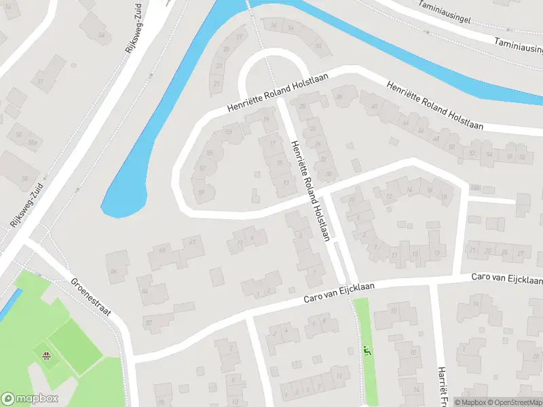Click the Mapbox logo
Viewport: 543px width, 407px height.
click(30, 399)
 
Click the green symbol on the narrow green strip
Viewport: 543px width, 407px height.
click(367, 351)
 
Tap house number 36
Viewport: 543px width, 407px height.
click(274, 26)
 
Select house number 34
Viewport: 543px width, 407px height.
click(291, 28)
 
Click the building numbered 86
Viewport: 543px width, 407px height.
click(114, 273)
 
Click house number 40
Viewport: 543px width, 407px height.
click(373, 106)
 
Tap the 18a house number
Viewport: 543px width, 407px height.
click(475, 188)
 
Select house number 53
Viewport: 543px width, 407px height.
click(229, 132)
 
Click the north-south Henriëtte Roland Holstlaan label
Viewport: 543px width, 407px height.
click(311, 191)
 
